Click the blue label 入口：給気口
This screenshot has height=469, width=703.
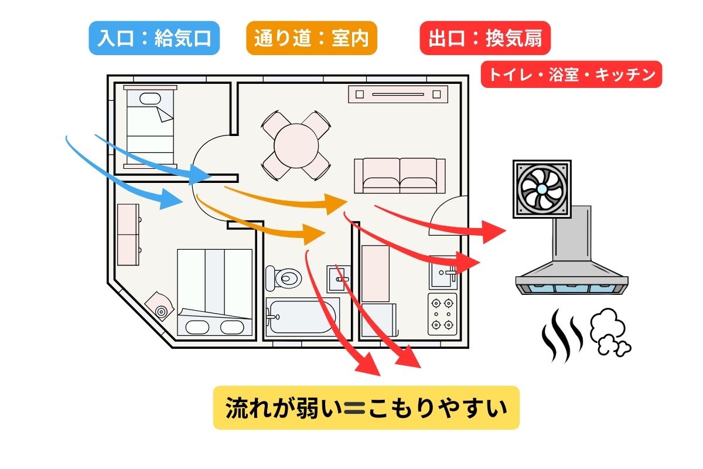154,38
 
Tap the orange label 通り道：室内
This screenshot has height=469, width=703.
311,38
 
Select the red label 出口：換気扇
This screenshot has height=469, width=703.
485,38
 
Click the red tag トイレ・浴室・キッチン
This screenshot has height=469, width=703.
571,74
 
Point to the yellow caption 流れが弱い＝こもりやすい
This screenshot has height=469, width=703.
366,407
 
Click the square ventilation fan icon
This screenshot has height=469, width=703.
542,189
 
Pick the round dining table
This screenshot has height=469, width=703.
296,144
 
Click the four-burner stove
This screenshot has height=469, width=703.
442,314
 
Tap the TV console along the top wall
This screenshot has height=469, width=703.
398,94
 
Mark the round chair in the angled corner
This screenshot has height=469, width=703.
158,305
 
